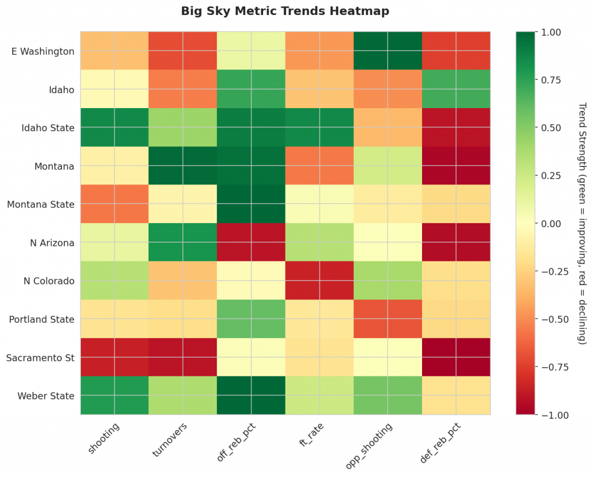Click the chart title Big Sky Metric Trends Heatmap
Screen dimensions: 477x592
(x=285, y=11)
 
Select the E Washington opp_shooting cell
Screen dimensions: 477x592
(x=387, y=51)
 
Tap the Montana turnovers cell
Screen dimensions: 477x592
(x=182, y=166)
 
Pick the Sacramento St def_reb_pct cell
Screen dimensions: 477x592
(x=456, y=357)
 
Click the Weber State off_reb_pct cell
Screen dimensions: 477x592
(x=251, y=395)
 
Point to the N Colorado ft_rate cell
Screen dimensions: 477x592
(x=319, y=281)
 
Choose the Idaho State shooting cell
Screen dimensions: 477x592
(x=114, y=128)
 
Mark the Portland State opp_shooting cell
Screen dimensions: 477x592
(x=387, y=319)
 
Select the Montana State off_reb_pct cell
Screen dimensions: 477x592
(x=251, y=204)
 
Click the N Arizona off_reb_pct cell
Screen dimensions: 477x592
(x=251, y=243)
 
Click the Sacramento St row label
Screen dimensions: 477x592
(x=40, y=358)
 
